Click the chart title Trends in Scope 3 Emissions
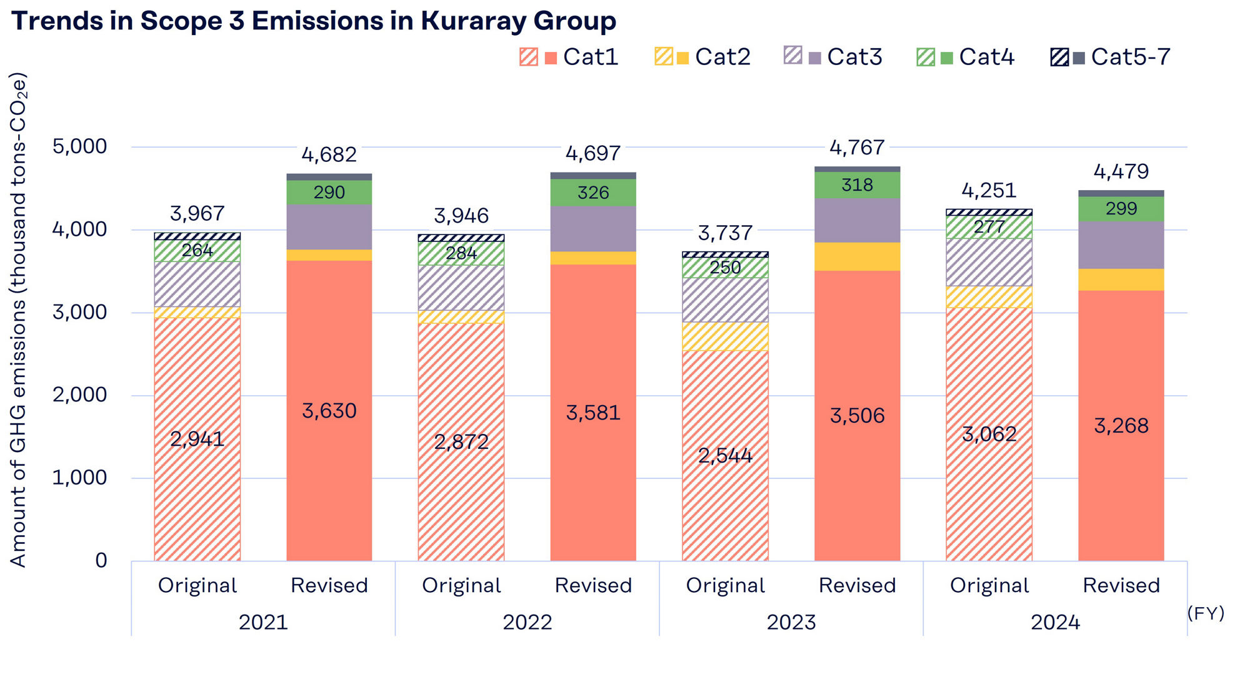[314, 21]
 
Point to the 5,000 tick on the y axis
[79, 146]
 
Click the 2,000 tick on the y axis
[79, 395]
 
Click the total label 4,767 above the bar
[857, 148]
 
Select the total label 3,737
[725, 233]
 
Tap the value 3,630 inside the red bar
[329, 411]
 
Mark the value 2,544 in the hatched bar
[725, 455]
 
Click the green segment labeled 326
[593, 193]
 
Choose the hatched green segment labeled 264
[197, 251]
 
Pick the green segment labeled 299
[1121, 209]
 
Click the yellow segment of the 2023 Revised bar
[857, 256]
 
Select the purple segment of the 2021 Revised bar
[329, 227]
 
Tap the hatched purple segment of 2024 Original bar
[989, 262]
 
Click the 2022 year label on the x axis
[527, 622]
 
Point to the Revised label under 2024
[1121, 585]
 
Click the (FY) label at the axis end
[1206, 613]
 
